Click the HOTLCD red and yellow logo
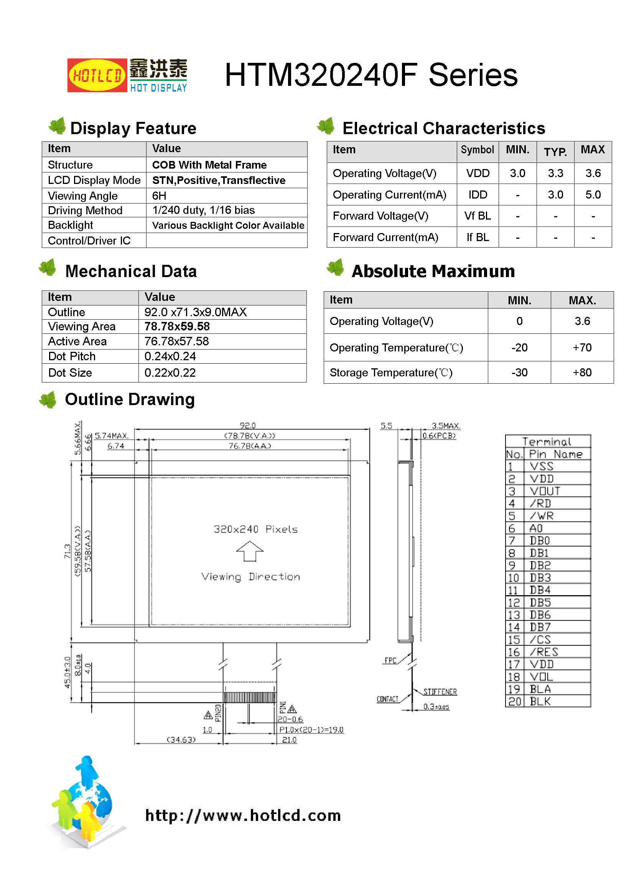(97, 75)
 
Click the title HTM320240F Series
(371, 75)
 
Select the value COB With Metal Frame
(209, 165)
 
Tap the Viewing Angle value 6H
(159, 196)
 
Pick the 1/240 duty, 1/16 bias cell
(203, 210)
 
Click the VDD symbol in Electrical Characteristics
(478, 173)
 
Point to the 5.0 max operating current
(593, 195)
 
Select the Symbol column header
(477, 150)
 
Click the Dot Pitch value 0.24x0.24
(170, 356)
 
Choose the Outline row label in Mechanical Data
(66, 312)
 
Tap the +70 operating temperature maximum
(582, 347)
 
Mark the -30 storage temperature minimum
(519, 372)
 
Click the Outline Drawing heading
(130, 399)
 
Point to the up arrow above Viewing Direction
(250, 551)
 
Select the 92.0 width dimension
(248, 425)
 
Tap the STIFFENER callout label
(440, 692)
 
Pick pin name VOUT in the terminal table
(545, 491)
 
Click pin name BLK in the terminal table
(540, 701)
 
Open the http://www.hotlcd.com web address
(243, 815)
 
